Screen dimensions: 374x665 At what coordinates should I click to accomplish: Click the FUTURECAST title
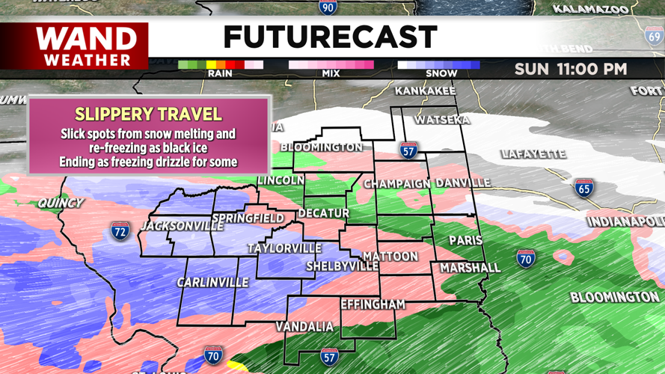tap(330, 37)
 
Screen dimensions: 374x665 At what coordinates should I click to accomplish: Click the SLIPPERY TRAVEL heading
tap(148, 114)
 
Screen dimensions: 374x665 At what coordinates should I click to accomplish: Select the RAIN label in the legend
tap(221, 73)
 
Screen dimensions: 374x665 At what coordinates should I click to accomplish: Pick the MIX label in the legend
tap(331, 73)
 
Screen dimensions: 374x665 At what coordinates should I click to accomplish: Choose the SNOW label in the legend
tap(441, 73)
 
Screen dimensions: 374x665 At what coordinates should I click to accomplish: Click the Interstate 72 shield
tap(120, 230)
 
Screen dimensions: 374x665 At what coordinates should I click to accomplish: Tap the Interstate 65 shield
tap(584, 187)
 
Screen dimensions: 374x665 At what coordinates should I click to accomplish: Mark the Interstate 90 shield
tap(327, 7)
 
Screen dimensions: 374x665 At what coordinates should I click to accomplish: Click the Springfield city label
tap(248, 218)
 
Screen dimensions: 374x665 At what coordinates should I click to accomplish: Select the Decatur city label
tap(323, 213)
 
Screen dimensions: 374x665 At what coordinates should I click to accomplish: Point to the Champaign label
tap(397, 183)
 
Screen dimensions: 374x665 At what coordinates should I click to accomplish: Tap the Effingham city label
tap(373, 304)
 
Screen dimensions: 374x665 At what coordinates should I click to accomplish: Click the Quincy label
tap(61, 203)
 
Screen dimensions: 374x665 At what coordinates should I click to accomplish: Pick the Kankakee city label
tap(425, 91)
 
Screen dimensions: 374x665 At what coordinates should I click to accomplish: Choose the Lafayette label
tap(533, 154)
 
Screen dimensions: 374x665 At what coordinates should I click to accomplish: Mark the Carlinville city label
tap(212, 282)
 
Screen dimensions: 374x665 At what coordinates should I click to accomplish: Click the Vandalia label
tap(304, 326)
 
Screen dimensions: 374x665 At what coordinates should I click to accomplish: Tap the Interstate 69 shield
tap(654, 35)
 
